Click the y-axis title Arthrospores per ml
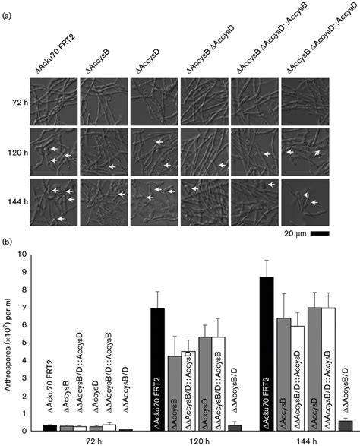tap(9, 342)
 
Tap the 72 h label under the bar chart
tap(74, 440)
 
